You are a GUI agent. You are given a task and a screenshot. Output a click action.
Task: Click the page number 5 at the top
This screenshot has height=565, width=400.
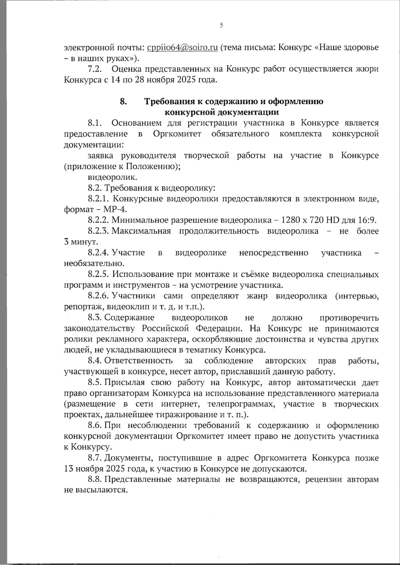[221, 26]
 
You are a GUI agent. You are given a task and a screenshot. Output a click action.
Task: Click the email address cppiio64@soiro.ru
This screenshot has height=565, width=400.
[182, 48]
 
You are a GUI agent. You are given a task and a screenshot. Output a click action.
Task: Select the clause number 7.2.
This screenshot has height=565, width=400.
[94, 69]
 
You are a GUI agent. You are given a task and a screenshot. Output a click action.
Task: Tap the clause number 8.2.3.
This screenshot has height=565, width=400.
[99, 231]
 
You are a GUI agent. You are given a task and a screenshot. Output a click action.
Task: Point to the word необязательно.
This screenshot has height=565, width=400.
[94, 263]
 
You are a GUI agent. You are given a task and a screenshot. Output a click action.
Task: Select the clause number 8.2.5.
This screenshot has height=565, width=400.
[99, 275]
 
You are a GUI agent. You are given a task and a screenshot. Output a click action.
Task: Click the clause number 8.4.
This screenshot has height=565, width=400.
[95, 361]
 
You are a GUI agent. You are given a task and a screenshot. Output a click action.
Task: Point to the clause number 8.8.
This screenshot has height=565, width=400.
[95, 479]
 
